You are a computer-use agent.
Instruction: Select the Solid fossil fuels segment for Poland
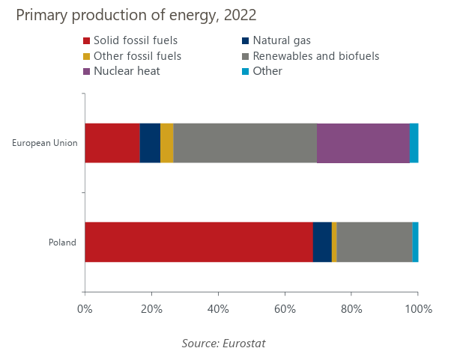point(199,242)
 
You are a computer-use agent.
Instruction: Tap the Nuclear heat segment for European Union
point(363,143)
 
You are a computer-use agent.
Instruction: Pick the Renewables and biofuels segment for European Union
point(245,143)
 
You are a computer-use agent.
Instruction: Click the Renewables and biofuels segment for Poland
point(375,242)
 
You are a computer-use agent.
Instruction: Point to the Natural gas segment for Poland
point(322,242)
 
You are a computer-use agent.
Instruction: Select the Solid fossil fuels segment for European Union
point(112,143)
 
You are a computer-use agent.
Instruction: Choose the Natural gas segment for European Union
point(150,143)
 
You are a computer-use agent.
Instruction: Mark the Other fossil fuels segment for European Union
point(167,143)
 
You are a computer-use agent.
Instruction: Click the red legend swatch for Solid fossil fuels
point(87,40)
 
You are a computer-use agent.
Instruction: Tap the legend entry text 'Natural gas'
point(282,40)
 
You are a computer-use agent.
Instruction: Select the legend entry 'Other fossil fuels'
point(137,56)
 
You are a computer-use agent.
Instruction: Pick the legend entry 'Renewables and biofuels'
point(315,56)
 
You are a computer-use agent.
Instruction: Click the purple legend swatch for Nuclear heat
point(87,71)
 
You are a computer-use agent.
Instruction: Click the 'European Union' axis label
point(45,143)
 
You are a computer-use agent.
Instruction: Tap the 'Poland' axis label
point(62,242)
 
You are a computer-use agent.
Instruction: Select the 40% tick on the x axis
point(218,308)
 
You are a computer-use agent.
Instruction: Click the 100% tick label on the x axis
point(418,308)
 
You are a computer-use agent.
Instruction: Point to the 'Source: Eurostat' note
point(223,343)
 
